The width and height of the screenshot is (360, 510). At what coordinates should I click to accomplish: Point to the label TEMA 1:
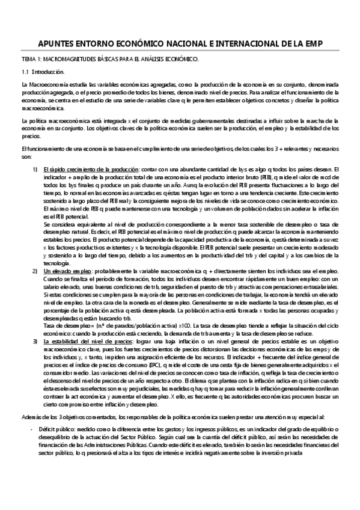[29, 60]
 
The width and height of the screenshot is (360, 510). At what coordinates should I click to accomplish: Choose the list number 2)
[36, 272]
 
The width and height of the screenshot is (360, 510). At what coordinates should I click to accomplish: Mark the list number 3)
[36, 340]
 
